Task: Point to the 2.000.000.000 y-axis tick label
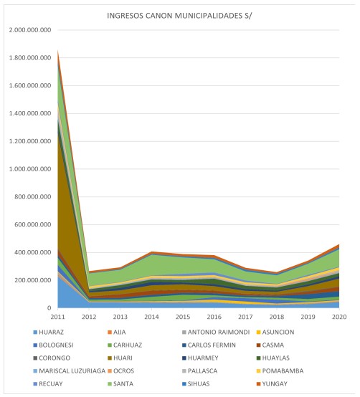click(x=30, y=30)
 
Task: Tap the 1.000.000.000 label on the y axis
click(x=30, y=169)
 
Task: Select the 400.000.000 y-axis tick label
click(x=33, y=252)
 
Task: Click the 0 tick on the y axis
click(x=49, y=308)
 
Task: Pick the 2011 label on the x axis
click(x=58, y=317)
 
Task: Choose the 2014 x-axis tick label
click(x=151, y=317)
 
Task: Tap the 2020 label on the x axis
click(x=339, y=317)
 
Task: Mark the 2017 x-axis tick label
click(x=245, y=317)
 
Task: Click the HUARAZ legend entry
click(x=48, y=333)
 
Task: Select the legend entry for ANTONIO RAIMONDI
click(x=216, y=333)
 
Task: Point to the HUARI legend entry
click(x=120, y=358)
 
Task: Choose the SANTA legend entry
click(x=120, y=384)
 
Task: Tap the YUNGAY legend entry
click(x=272, y=384)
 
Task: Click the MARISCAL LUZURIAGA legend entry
click(x=69, y=371)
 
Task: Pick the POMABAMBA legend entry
click(x=280, y=371)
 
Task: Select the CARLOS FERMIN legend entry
click(x=209, y=345)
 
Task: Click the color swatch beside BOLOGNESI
click(x=35, y=345)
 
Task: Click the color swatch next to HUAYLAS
click(x=259, y=358)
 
